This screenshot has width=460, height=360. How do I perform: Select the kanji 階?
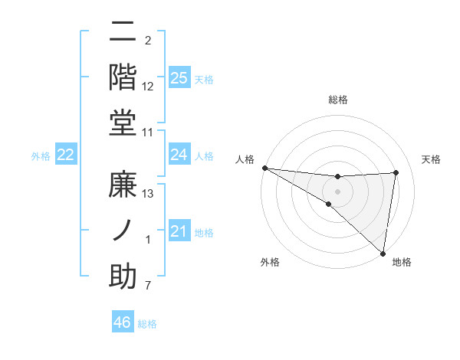123,77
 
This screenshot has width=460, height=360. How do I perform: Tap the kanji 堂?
123,123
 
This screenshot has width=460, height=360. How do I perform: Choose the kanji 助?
123,277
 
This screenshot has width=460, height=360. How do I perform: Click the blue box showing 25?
179,78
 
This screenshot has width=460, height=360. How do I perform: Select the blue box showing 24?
179,155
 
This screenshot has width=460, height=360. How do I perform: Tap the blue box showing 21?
179,231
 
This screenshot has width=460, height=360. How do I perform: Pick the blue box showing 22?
66,155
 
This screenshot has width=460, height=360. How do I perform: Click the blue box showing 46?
123,322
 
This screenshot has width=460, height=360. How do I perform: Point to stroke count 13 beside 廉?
148,194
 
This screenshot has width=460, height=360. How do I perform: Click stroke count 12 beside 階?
148,86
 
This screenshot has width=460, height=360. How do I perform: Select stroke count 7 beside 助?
148,286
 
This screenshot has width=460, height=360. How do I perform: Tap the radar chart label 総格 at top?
338,100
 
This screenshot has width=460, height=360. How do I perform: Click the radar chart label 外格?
270,262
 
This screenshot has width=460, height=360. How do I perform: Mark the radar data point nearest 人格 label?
264,168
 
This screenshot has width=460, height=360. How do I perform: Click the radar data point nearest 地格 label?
383,253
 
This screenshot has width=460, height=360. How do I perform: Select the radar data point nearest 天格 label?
396,172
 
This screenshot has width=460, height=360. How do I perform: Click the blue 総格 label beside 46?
147,324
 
